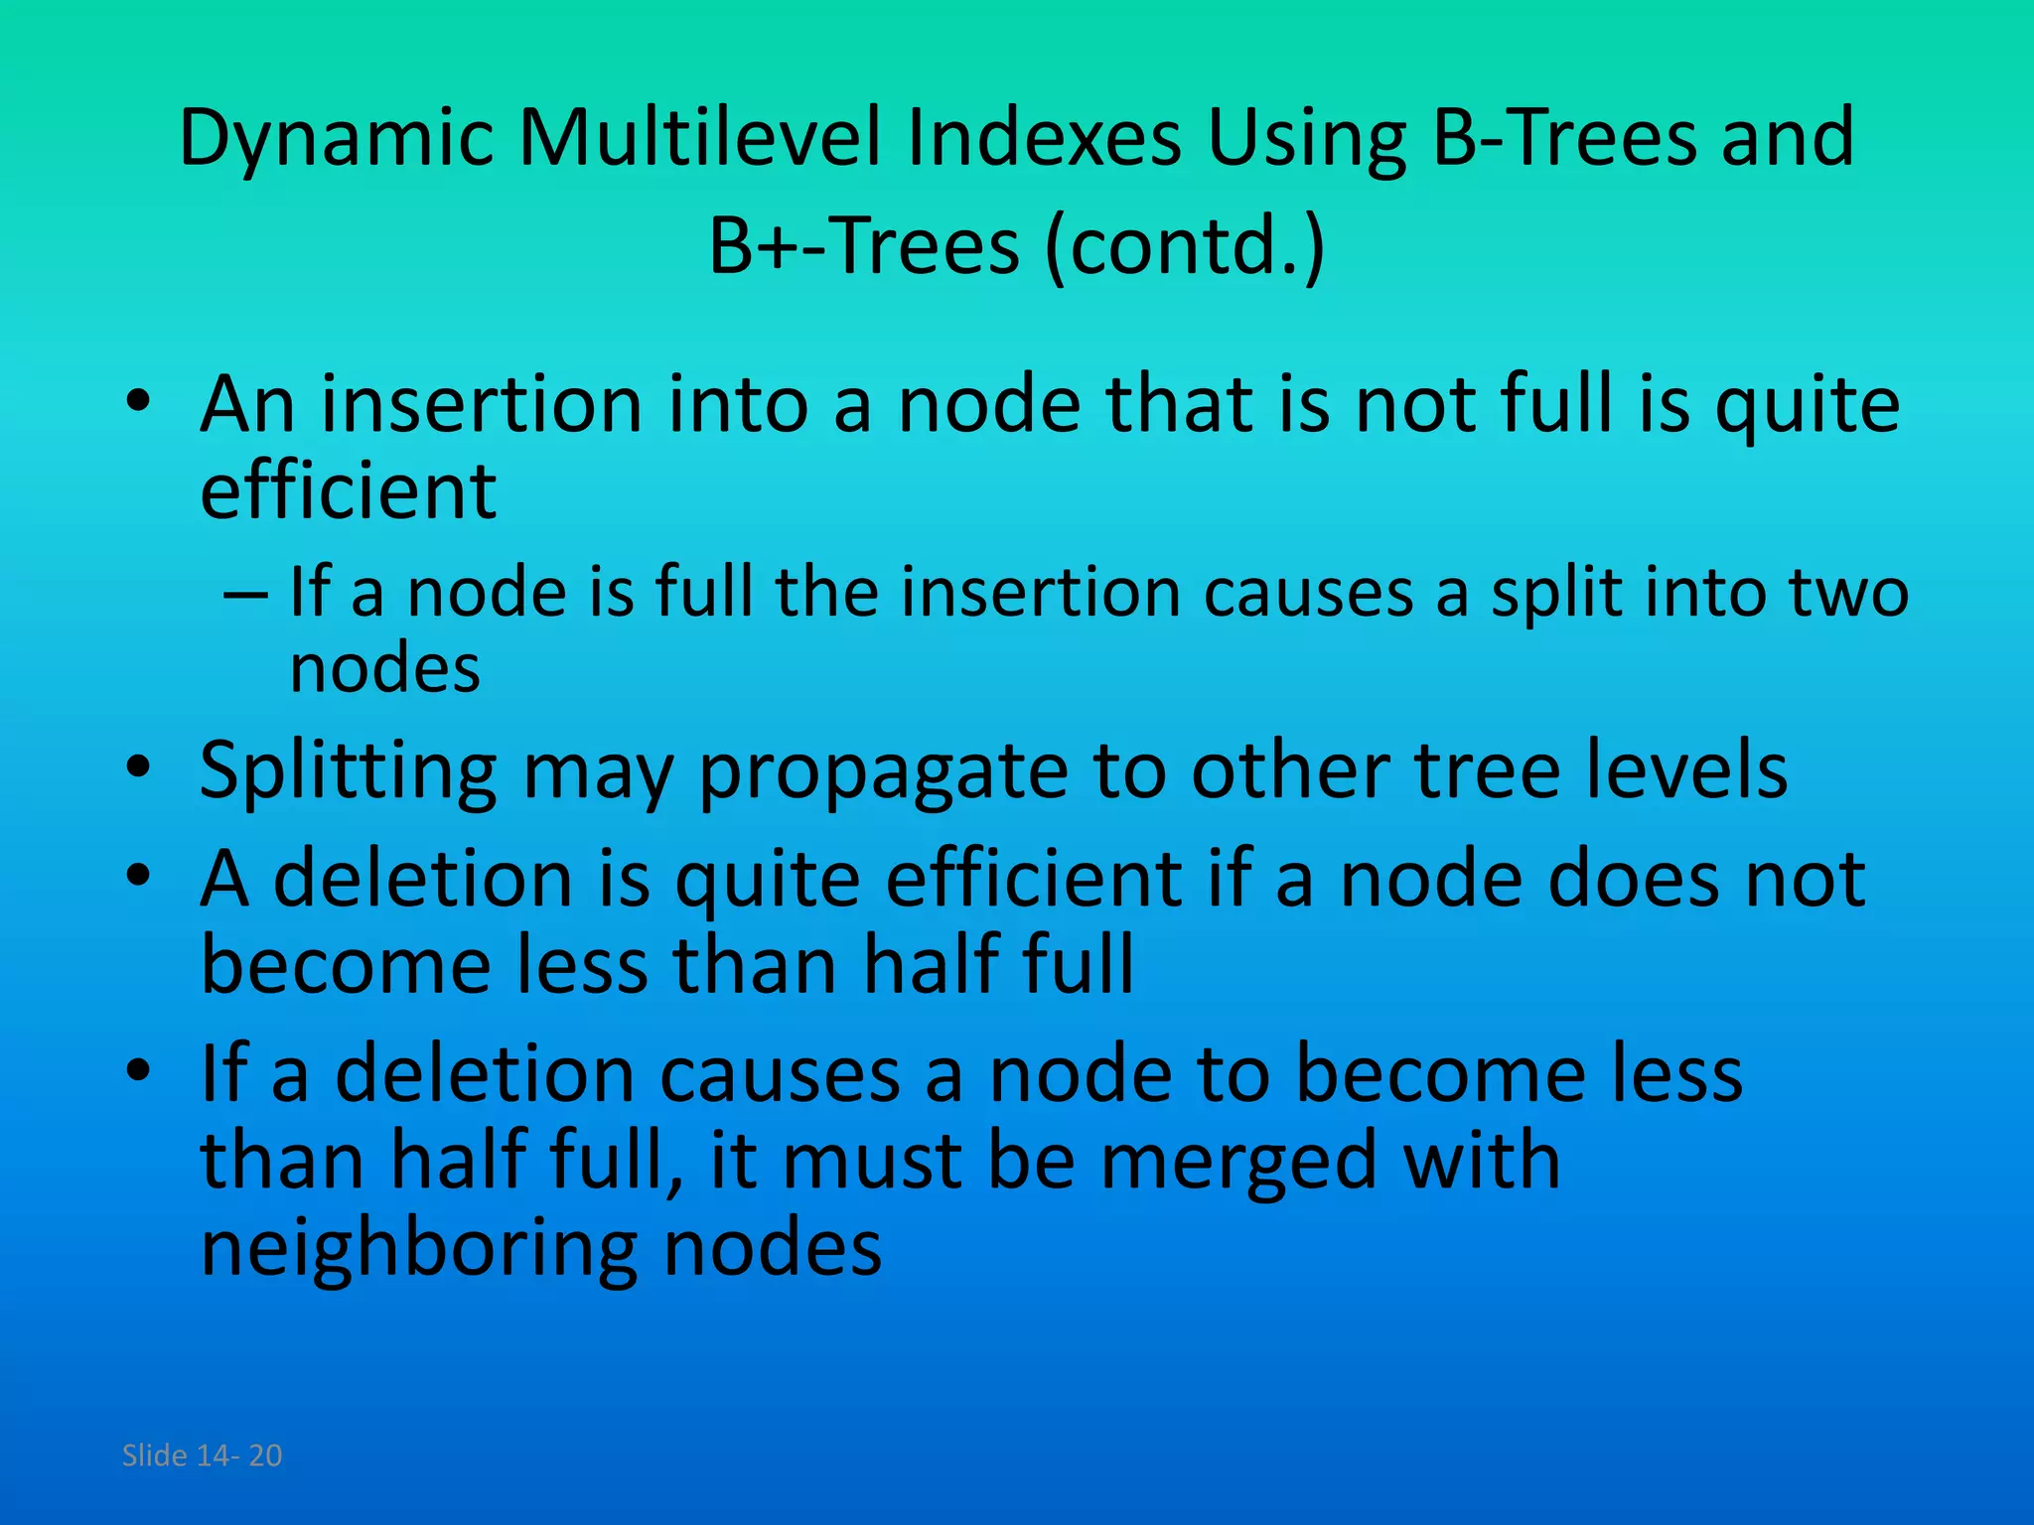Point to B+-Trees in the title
pyautogui.click(x=863, y=245)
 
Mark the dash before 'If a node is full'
pyautogui.click(x=245, y=594)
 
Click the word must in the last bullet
pyautogui.click(x=871, y=1162)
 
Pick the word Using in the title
pyautogui.click(x=1305, y=139)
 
